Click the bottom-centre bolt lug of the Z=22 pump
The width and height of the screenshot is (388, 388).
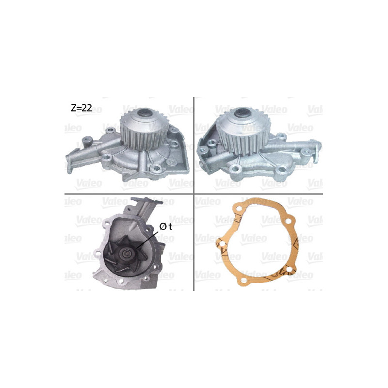point(155,169)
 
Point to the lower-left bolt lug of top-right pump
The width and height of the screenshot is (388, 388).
point(236,169)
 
